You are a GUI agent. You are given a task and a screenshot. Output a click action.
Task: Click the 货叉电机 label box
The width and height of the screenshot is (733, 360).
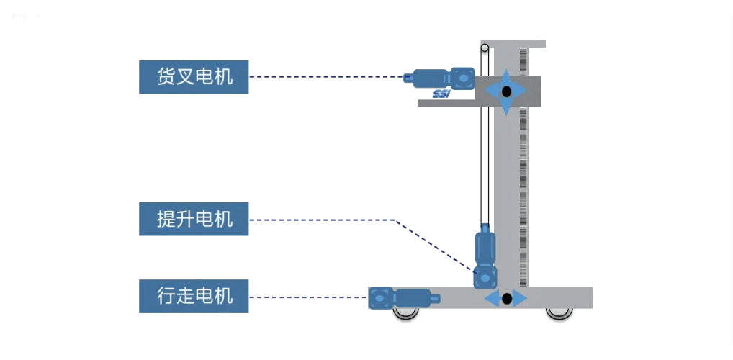[194, 77]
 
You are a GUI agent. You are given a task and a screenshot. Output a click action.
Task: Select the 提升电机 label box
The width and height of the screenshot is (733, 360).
[194, 219]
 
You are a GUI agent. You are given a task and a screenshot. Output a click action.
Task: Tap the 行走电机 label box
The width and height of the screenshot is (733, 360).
[194, 296]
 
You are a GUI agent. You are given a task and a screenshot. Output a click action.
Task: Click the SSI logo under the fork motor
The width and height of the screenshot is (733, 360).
[441, 94]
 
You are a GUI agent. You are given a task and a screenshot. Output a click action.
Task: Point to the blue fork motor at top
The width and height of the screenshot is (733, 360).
[439, 76]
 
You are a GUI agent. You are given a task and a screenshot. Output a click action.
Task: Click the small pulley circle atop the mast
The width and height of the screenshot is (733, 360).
[485, 49]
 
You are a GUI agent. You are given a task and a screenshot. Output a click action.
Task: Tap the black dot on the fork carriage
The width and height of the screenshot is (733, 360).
[506, 91]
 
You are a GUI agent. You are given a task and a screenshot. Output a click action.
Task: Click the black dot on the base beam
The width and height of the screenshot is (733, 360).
[506, 298]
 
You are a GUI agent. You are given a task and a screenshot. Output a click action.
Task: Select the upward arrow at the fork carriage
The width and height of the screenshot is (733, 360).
[506, 76]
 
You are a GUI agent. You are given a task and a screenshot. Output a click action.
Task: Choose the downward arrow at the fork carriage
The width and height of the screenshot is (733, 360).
[506, 108]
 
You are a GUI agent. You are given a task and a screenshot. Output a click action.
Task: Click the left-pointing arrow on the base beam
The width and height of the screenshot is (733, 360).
[492, 298]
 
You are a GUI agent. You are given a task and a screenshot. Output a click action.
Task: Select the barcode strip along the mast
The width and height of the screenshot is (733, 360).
[523, 180]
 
